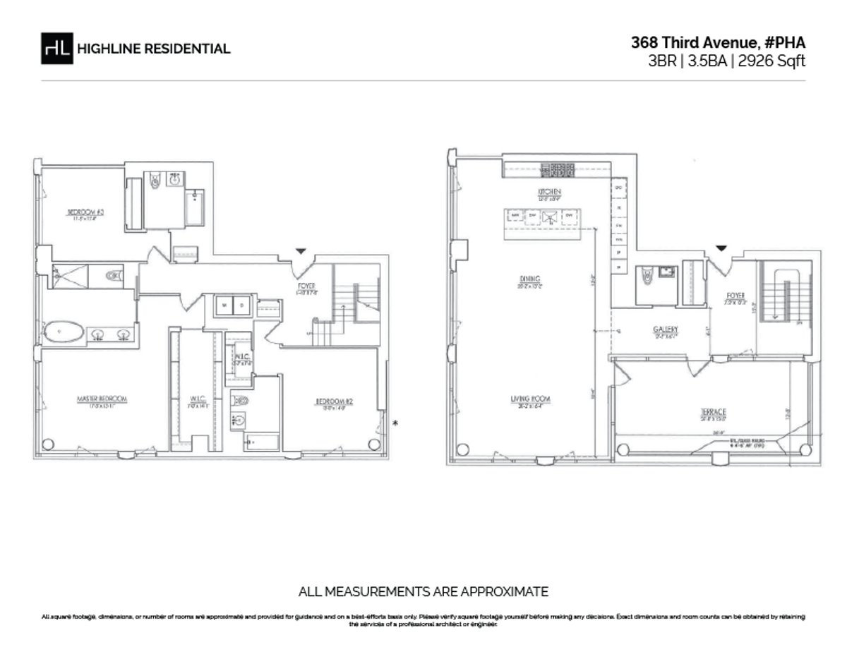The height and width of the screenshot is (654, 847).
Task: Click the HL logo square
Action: pyautogui.click(x=57, y=48)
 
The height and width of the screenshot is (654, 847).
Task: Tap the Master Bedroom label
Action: pyautogui.click(x=102, y=399)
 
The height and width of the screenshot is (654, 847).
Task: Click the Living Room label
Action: pyautogui.click(x=531, y=399)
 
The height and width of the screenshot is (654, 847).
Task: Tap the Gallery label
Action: pyautogui.click(x=665, y=329)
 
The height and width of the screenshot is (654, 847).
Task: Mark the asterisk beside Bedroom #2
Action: pyautogui.click(x=395, y=423)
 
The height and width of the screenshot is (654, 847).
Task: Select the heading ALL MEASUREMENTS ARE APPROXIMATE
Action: pyautogui.click(x=423, y=591)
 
